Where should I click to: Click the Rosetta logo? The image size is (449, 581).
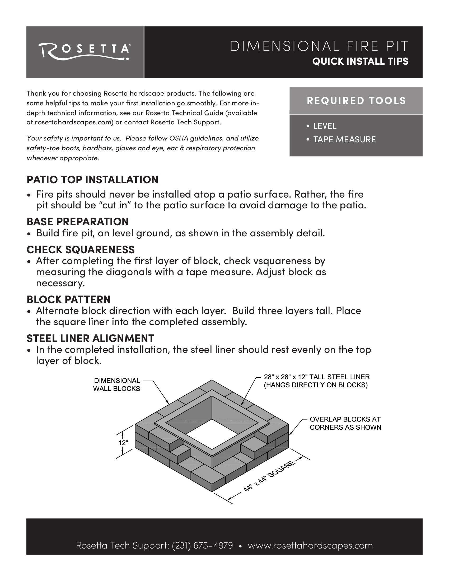pos(85,51)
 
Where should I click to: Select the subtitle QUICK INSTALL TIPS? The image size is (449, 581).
pos(360,62)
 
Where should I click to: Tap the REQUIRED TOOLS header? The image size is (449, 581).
pos(356,101)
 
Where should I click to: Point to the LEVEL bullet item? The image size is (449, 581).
pos(325,126)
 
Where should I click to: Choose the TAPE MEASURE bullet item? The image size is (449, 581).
pos(344,139)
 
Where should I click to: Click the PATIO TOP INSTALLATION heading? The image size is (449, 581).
pos(92,180)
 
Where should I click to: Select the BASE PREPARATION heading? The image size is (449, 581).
pos(77,221)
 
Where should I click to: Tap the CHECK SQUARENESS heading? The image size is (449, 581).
pos(80,250)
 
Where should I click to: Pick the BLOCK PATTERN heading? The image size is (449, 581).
pos(68,299)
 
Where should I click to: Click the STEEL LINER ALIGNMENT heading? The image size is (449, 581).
pos(90,338)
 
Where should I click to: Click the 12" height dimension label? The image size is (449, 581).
pos(123,443)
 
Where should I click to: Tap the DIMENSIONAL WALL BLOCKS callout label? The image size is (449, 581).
pos(116,385)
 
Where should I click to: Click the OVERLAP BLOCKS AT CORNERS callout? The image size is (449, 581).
pos(345,423)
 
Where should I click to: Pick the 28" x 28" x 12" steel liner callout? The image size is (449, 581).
pos(316,381)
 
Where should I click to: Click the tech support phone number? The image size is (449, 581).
pos(202,545)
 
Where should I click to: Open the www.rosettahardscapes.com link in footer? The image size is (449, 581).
pos(310,545)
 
